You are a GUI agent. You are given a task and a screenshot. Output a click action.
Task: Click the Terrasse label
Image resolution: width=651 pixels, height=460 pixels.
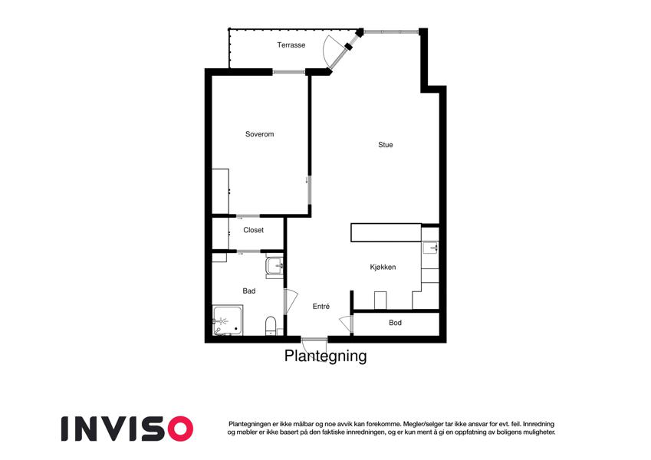click(x=291, y=44)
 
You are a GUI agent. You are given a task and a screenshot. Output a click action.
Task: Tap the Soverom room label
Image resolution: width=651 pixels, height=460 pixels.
click(x=259, y=134)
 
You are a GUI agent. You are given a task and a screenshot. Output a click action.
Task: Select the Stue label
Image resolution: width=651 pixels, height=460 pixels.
click(x=385, y=145)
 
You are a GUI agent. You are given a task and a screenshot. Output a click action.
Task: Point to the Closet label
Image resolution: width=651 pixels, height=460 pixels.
click(x=253, y=230)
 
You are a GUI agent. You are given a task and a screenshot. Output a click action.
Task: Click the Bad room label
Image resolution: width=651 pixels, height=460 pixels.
click(x=249, y=291)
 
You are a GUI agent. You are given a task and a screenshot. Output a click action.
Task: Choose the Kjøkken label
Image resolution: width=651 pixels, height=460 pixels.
click(x=383, y=268)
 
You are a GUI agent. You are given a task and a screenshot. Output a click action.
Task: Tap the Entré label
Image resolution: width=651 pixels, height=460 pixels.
click(x=321, y=307)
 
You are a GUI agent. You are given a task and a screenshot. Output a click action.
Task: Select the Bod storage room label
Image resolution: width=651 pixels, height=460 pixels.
click(x=395, y=323)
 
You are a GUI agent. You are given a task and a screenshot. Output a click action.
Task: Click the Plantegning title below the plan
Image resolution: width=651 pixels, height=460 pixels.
click(x=325, y=356)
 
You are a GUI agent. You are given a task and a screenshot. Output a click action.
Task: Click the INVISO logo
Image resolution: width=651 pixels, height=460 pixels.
click(x=127, y=429)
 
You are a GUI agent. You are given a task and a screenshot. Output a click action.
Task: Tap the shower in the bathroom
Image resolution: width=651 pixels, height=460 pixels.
click(x=228, y=320)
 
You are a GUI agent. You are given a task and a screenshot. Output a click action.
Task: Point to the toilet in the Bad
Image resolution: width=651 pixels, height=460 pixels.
click(x=271, y=326)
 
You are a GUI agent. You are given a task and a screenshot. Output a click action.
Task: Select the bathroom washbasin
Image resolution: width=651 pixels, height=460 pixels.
click(x=275, y=266)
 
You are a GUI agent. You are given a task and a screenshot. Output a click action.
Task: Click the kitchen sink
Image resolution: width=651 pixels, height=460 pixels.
click(x=430, y=248)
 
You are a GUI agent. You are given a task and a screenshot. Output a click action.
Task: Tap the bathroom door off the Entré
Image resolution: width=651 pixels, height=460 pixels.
click(x=291, y=301)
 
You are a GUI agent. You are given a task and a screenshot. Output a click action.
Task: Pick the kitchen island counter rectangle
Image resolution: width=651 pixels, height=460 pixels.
click(x=386, y=232)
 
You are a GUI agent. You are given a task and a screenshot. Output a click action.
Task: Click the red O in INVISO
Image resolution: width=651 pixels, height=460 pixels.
click(x=179, y=429)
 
